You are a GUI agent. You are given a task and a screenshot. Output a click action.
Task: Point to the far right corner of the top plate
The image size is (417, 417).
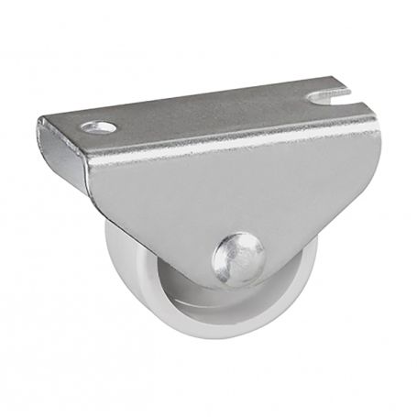(x=359, y=85)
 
